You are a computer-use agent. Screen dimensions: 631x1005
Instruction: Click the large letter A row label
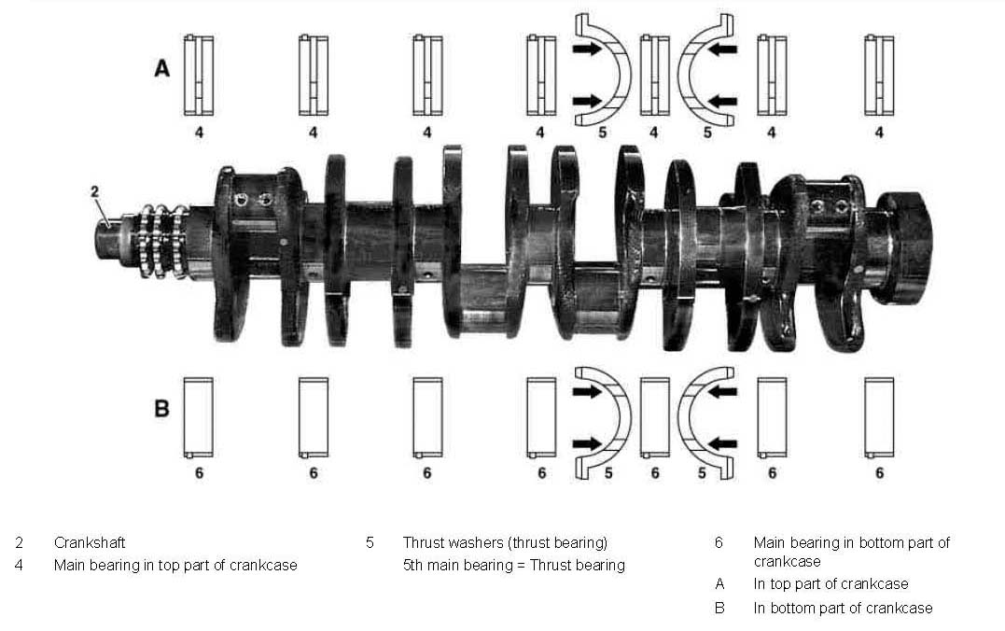point(162,68)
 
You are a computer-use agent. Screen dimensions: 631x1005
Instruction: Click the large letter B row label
point(161,409)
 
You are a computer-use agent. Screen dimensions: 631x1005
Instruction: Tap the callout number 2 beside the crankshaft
point(95,191)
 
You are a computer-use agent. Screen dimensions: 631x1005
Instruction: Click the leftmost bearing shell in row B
point(199,417)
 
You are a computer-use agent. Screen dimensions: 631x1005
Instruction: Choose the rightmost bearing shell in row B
point(879,417)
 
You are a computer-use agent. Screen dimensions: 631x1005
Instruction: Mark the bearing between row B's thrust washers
point(654,417)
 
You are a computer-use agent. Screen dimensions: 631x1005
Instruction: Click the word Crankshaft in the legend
point(90,542)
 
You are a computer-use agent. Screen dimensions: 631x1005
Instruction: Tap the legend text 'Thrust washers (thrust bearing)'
point(505,542)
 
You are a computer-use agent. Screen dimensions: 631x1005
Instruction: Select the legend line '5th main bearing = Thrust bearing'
point(513,565)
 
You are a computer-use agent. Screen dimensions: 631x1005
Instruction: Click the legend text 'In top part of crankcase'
point(831,584)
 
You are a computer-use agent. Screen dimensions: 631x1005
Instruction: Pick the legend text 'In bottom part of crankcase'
point(843,608)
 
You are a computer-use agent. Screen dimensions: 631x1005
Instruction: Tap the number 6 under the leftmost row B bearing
point(199,473)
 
